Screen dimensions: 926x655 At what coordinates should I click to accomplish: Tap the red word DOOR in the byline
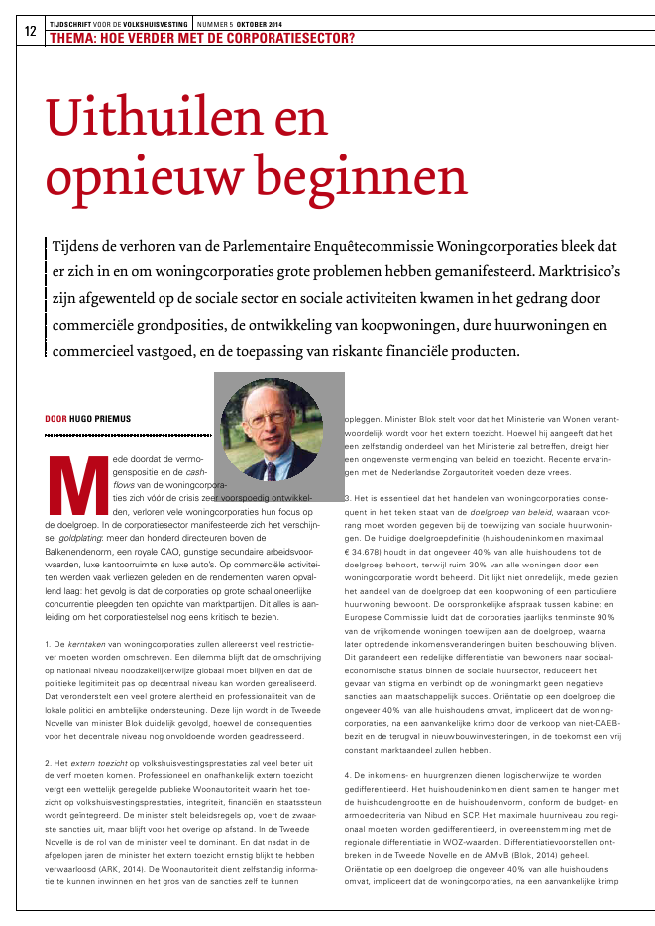[55, 419]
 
